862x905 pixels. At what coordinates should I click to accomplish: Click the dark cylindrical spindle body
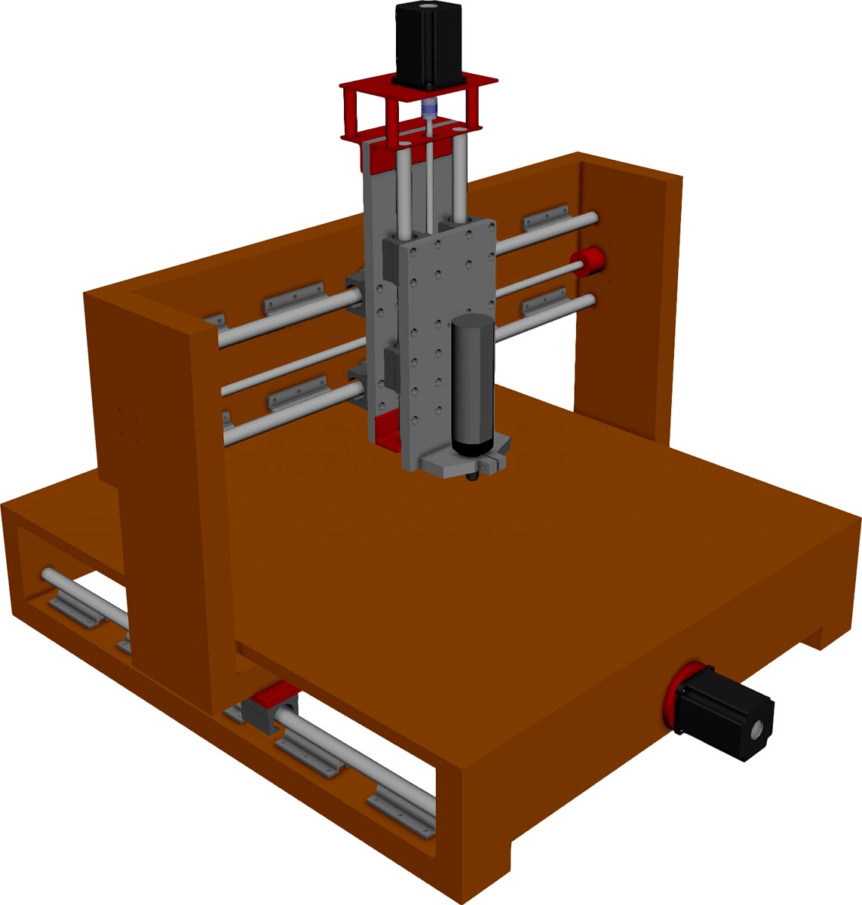tap(472, 385)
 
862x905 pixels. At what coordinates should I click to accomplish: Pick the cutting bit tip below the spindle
tap(474, 475)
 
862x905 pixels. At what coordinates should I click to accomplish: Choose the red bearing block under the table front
tap(273, 705)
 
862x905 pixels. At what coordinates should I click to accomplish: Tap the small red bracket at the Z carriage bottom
tap(387, 430)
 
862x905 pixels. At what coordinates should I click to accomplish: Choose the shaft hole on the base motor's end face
tap(756, 729)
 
